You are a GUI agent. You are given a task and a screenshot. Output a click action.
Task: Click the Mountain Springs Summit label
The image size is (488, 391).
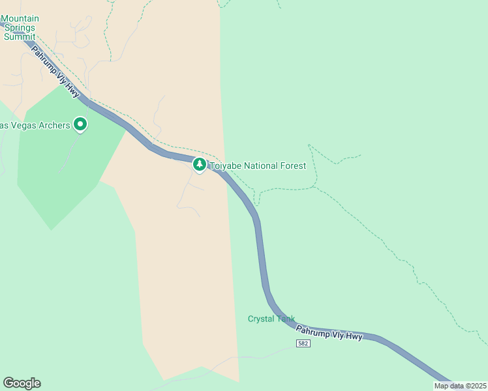click(20, 27)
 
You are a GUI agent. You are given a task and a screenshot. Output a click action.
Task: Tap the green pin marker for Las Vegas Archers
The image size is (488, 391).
click(80, 123)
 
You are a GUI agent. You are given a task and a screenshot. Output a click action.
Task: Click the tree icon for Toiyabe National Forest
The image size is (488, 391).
click(200, 165)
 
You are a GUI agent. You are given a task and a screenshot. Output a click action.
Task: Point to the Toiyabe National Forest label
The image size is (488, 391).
click(257, 166)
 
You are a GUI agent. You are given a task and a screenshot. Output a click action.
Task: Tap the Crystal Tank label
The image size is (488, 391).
click(271, 319)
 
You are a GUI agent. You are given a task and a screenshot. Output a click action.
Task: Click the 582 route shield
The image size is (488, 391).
click(302, 343)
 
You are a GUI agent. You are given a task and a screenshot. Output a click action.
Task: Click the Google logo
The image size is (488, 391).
click(22, 383)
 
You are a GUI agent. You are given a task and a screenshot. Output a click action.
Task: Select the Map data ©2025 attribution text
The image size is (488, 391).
click(459, 386)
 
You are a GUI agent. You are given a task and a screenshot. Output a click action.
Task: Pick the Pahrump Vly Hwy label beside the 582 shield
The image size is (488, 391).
click(329, 332)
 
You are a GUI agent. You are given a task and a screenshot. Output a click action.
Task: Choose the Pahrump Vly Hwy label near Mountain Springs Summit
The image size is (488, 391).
click(55, 72)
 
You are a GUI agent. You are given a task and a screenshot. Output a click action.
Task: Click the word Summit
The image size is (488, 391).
click(20, 36)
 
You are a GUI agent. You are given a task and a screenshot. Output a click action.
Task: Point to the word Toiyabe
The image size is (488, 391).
click(224, 166)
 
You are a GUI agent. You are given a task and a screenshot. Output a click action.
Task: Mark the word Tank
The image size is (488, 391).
click(285, 319)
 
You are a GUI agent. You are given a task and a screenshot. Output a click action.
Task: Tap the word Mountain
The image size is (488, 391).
click(20, 18)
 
